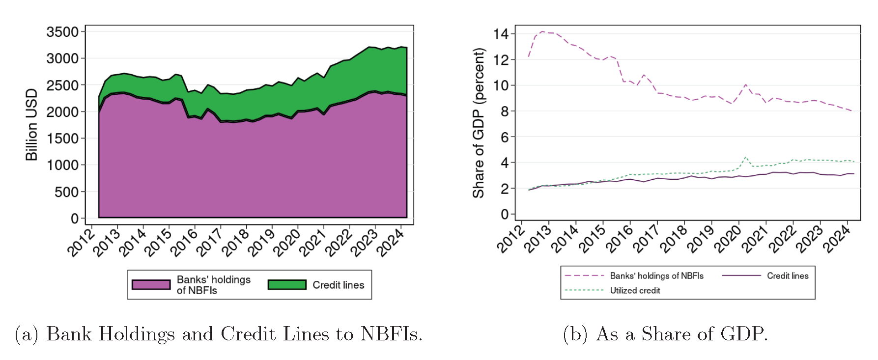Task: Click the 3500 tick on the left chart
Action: tap(62, 32)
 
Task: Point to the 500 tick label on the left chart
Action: tap(66, 192)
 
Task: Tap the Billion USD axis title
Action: tap(31, 125)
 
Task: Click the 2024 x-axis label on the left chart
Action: tap(391, 242)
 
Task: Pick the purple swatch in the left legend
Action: tap(151, 285)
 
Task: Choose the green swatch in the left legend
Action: tap(287, 285)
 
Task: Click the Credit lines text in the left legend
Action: tap(338, 285)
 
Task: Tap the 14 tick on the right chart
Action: tap(501, 34)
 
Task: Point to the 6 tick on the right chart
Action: tap(505, 137)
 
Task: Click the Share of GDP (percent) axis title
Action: tap(478, 123)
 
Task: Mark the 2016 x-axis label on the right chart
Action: tap(620, 239)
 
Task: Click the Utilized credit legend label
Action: tap(635, 290)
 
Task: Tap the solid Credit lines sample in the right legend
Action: tap(741, 276)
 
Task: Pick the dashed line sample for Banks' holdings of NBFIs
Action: tap(584, 276)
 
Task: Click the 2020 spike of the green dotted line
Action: tap(745, 158)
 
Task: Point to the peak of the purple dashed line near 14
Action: tap(542, 32)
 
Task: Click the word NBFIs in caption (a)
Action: tap(391, 334)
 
